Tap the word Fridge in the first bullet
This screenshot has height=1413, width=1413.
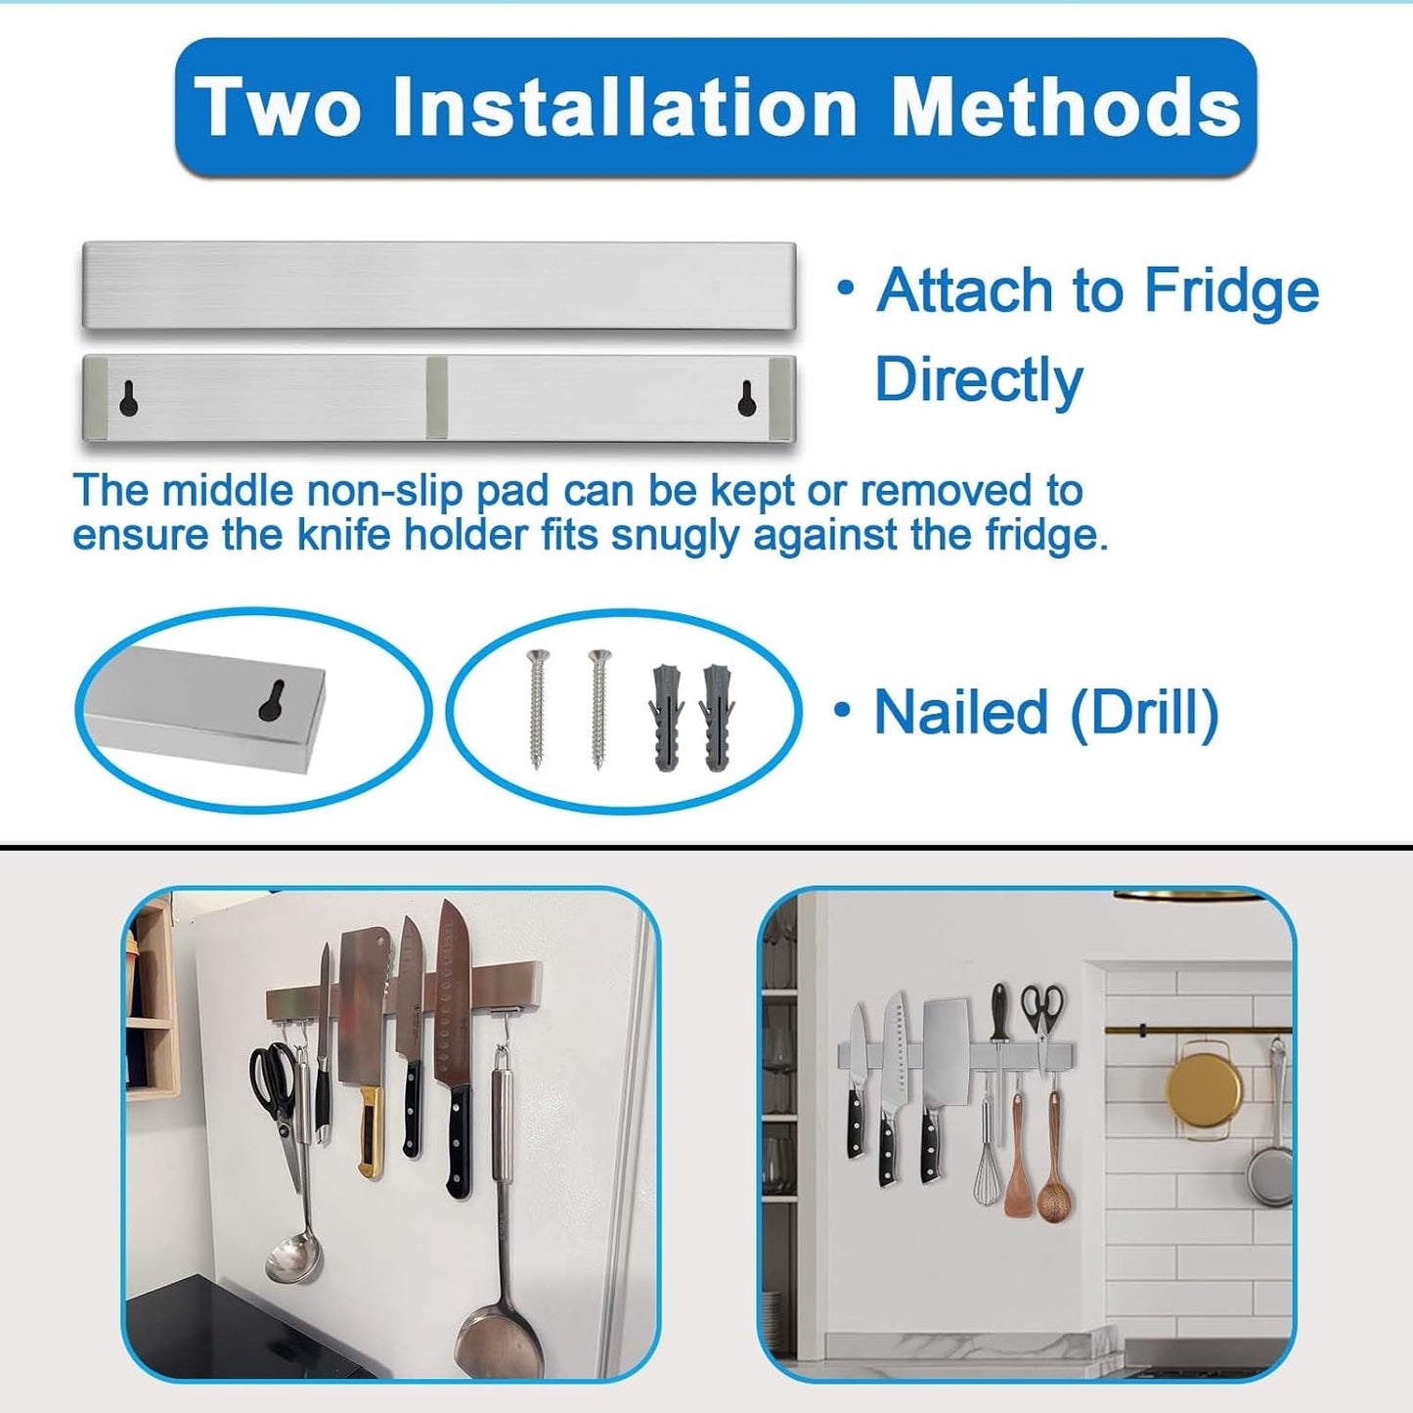point(1231,290)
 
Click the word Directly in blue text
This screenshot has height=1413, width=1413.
point(979,379)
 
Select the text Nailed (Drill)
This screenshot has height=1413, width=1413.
point(1045,712)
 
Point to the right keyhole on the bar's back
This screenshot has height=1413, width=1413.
point(747,399)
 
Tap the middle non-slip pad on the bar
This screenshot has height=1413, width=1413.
point(437,398)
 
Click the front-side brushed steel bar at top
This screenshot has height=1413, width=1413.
point(438,285)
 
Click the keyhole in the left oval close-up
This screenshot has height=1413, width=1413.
point(271,700)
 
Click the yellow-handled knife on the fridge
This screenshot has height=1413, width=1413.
point(371,1134)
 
